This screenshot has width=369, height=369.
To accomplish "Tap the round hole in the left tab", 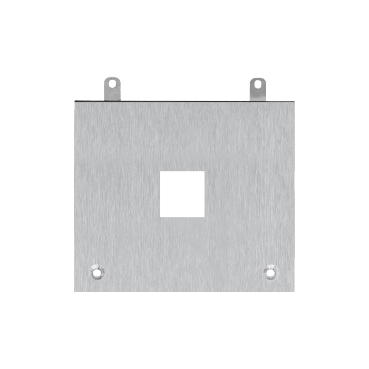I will [112, 83].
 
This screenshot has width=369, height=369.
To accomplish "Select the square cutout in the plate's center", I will [182, 194].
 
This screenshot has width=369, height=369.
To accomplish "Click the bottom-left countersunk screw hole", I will [96, 273].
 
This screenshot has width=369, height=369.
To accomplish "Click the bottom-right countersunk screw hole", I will [270, 273].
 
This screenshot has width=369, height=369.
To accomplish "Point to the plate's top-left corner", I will [74, 101].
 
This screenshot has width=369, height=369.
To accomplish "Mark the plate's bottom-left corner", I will [74, 292].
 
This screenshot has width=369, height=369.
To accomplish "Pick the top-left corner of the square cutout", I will [160, 171].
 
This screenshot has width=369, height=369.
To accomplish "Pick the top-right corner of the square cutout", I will [204, 171].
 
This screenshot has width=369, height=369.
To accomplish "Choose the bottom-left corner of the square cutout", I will [160, 217].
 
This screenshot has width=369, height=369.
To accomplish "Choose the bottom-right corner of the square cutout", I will [204, 217].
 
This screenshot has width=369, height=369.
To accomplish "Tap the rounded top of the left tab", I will [112, 77].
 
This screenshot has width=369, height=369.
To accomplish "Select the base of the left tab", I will [112, 97].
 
